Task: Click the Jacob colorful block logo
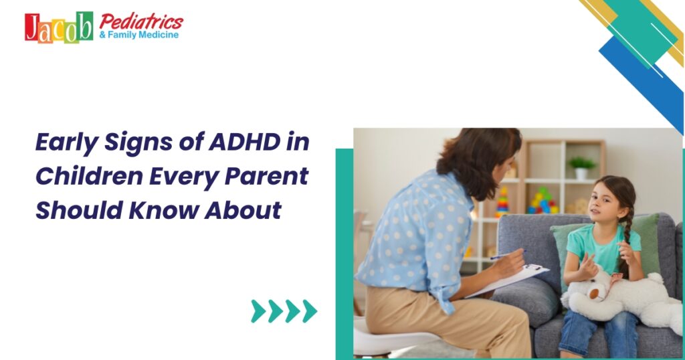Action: [x=59, y=27]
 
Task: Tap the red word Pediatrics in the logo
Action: [x=141, y=20]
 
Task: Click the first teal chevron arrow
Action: [x=258, y=310]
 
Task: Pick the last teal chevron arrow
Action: [x=309, y=310]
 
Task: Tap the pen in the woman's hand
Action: [x=506, y=254]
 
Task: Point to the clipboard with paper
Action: [x=512, y=277]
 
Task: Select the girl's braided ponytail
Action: [x=626, y=234]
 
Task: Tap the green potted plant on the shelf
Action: [x=581, y=165]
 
